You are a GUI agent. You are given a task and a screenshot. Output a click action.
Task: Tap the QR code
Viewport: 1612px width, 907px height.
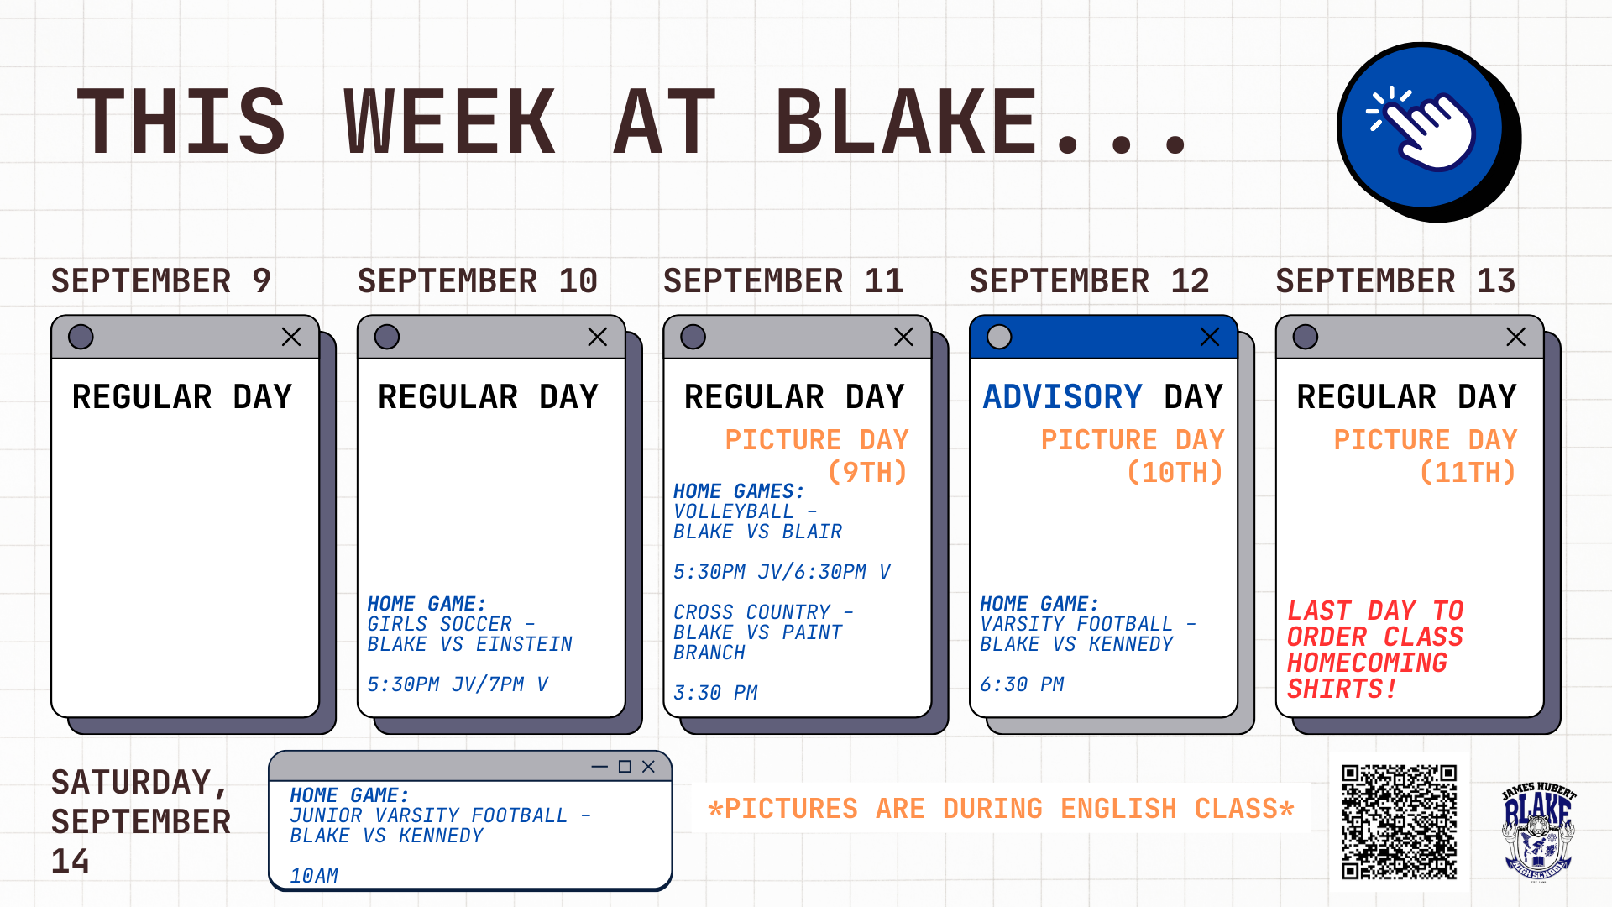[1399, 821]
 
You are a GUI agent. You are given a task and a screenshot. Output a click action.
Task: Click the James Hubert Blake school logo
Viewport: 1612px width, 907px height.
[1538, 831]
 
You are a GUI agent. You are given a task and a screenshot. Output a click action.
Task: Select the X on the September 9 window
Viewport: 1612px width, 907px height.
[291, 337]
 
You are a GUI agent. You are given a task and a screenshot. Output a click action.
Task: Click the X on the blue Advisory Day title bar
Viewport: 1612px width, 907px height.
[1210, 337]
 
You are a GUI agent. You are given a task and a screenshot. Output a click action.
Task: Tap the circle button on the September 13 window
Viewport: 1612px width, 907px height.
[1306, 337]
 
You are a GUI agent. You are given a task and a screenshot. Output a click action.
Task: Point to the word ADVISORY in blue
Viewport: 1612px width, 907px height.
[1063, 396]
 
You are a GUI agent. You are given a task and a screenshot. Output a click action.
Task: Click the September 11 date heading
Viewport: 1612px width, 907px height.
[783, 280]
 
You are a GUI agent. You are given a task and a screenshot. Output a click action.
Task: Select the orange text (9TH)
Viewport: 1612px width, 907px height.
[867, 472]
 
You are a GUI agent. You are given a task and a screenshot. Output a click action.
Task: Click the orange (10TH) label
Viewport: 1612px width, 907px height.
[1175, 472]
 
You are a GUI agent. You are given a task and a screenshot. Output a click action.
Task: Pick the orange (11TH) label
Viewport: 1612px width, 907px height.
[1468, 472]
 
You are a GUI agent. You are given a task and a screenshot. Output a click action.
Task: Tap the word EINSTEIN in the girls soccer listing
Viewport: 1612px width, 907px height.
[524, 644]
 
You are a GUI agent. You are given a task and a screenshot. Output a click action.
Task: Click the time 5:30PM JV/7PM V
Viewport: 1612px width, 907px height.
[458, 684]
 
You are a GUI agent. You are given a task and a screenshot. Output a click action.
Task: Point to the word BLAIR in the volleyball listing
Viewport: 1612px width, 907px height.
[812, 532]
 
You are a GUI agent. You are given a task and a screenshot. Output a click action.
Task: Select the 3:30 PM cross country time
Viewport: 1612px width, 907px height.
[715, 693]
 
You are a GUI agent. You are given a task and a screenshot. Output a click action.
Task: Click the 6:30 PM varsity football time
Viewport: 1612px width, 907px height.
[1022, 684]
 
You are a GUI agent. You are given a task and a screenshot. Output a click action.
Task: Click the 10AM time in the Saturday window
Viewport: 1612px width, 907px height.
[314, 876]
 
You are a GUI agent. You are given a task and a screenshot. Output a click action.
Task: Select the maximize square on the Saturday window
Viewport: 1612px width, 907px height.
[625, 767]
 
